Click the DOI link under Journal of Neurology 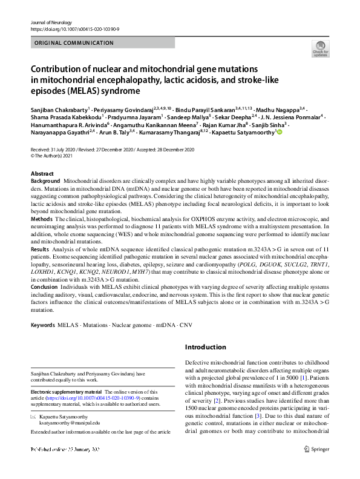[73, 29]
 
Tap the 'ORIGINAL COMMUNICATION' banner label [74, 43]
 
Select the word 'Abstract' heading [42, 174]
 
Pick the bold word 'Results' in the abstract [41, 249]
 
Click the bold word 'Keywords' [43, 326]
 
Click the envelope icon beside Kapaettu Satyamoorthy [34, 417]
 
